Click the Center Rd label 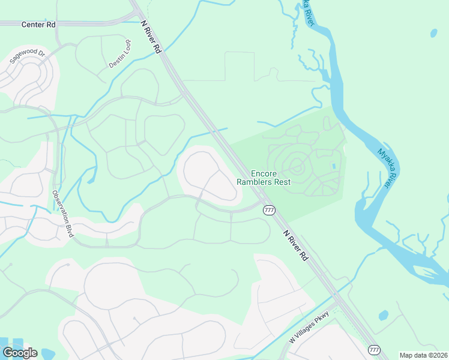click(38, 25)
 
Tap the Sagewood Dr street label click(27, 57)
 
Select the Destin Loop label click(119, 53)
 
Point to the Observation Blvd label click(62, 214)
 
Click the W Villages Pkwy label click(310, 331)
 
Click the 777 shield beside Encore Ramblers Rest click(269, 210)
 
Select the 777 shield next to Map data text click(374, 349)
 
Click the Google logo click(20, 353)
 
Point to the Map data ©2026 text click(423, 355)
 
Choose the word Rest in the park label click(282, 182)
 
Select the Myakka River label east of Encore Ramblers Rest click(385, 169)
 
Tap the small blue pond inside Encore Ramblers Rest click(333, 166)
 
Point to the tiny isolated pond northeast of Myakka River click(433, 34)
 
